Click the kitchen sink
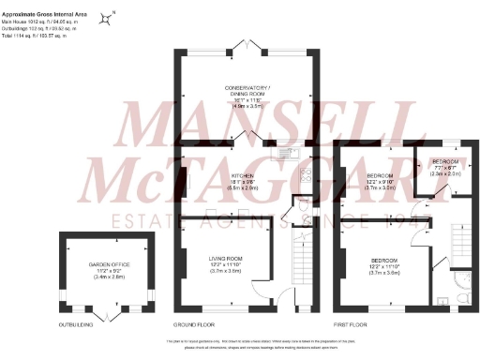[290, 152]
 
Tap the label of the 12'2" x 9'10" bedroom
[379, 181]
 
